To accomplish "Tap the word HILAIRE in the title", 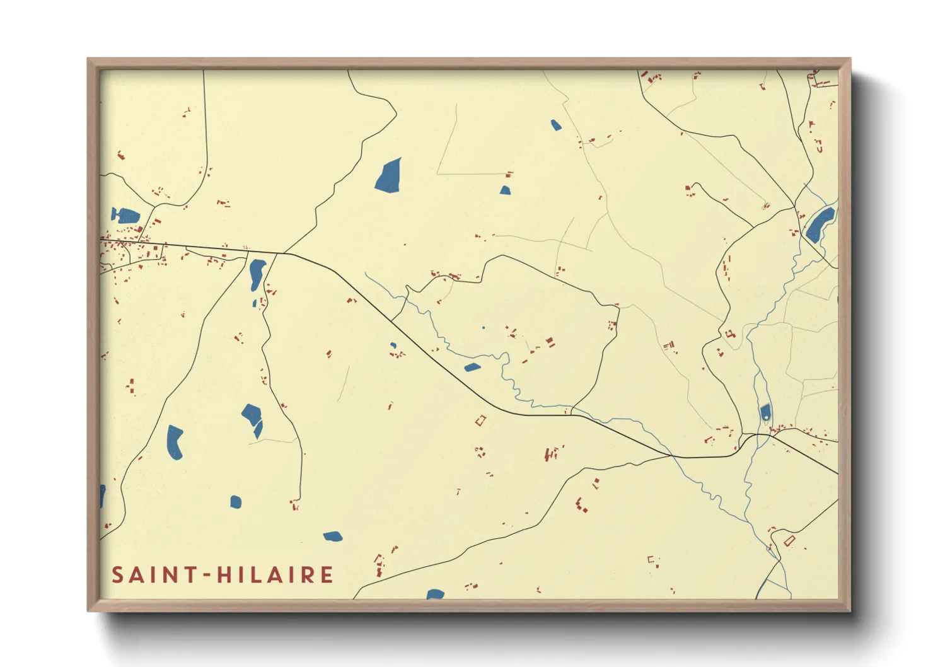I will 275,575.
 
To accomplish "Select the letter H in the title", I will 224,575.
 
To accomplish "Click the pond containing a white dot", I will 765,413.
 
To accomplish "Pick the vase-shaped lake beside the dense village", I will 125,216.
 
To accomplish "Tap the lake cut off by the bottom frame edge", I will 435,594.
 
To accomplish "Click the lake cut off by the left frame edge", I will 102,495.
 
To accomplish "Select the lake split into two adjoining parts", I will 253,420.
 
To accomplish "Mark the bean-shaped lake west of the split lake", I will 174,442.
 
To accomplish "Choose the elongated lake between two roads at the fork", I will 257,274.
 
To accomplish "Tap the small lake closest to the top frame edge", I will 555,125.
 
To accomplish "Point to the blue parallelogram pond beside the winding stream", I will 472,367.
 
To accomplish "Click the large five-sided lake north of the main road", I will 388,176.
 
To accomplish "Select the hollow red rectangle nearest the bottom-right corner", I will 789,540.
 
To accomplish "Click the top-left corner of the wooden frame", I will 88,59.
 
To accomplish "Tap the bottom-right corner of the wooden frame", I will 850,611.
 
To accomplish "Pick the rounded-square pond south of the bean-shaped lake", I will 236,502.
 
